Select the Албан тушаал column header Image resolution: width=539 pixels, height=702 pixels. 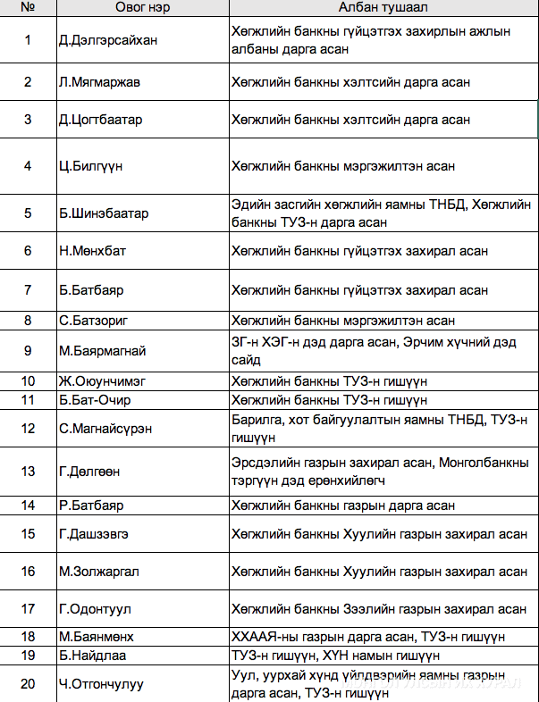click(382, 7)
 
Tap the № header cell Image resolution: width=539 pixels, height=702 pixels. click(28, 7)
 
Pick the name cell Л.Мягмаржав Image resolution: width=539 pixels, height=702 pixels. click(99, 82)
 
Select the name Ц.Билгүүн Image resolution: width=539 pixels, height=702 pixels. click(91, 166)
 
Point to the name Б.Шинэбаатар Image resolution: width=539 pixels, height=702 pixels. click(104, 213)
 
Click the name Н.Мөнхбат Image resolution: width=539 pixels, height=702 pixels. click(93, 251)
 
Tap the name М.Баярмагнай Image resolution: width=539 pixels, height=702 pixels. click(103, 351)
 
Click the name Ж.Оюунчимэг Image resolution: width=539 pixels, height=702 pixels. click(102, 381)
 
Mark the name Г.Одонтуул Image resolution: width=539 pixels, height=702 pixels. click(96, 609)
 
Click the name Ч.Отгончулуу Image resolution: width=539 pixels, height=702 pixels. click(101, 685)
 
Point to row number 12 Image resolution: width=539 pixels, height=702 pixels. click(28, 429)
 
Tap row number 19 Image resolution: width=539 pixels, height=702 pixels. click(28, 656)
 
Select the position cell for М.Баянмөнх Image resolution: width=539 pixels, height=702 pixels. click(368, 637)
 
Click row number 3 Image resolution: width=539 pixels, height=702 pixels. click(28, 120)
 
